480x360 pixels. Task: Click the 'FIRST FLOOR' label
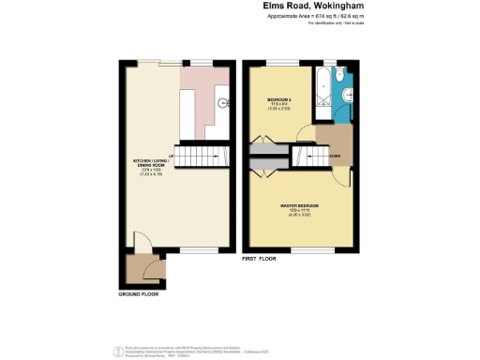(x=262, y=257)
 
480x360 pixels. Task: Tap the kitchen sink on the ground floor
(x=223, y=104)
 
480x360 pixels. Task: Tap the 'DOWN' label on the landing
(x=334, y=156)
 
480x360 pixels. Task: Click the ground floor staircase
(x=202, y=155)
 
